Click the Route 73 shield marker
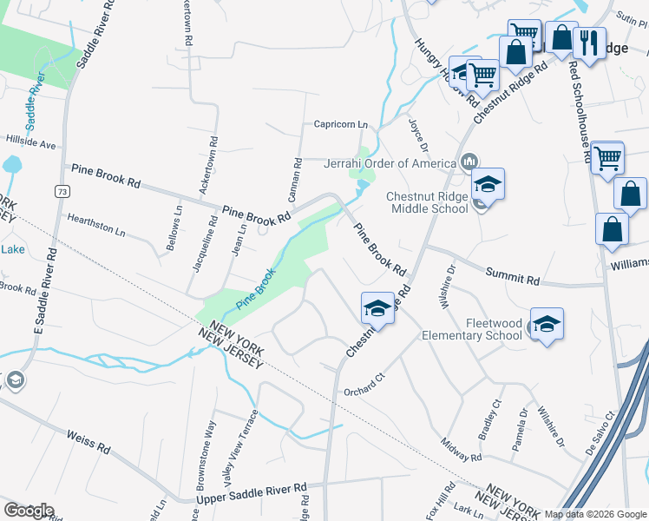[x=61, y=190]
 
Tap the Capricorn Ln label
[x=341, y=125]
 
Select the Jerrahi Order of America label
[x=390, y=163]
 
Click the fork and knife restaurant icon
[x=590, y=42]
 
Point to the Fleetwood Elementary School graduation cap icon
[x=547, y=324]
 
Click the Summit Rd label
[x=514, y=278]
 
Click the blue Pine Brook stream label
[x=257, y=290]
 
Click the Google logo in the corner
[x=29, y=511]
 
